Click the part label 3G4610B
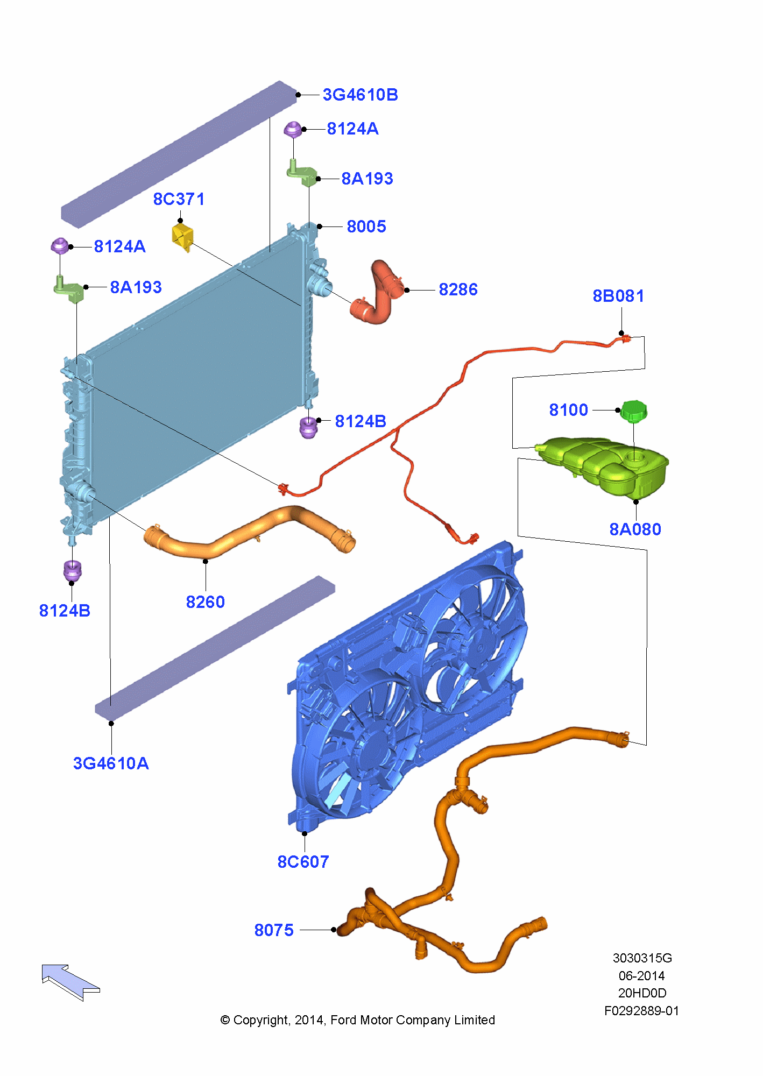[x=360, y=95]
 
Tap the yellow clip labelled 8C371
[x=182, y=237]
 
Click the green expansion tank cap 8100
[x=633, y=412]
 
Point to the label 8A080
[x=635, y=529]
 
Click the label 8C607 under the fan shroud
[x=303, y=862]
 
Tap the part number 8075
[x=274, y=930]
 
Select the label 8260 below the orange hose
[x=205, y=602]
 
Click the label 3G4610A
[x=111, y=763]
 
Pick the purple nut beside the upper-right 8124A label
[x=292, y=129]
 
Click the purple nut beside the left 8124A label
[x=59, y=246]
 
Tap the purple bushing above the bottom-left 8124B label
[x=72, y=570]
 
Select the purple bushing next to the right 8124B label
[x=308, y=427]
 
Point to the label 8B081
[x=618, y=296]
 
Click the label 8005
[x=366, y=226]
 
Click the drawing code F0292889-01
[x=641, y=1011]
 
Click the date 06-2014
[x=641, y=976]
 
